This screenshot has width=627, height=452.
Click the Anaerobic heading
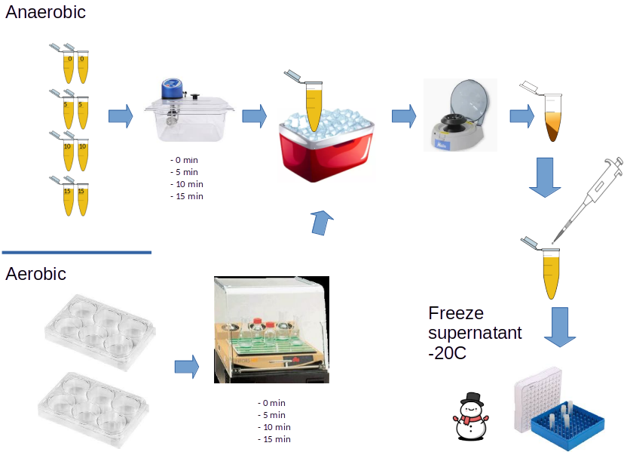coord(45,13)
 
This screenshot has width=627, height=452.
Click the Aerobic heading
coord(36,274)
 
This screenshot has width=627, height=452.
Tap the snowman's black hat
coord(473,399)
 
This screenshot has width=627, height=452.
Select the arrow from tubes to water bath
coord(121,116)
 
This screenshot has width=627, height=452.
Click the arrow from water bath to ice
coord(254,116)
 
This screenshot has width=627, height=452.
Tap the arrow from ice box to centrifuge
coord(404,116)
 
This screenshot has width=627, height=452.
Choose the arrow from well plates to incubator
coord(186,367)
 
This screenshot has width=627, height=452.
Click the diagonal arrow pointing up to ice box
coord(323,223)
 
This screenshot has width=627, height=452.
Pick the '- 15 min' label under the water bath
coord(187,196)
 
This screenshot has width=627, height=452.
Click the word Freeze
coord(456,313)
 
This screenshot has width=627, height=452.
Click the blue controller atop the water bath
coord(173,87)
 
